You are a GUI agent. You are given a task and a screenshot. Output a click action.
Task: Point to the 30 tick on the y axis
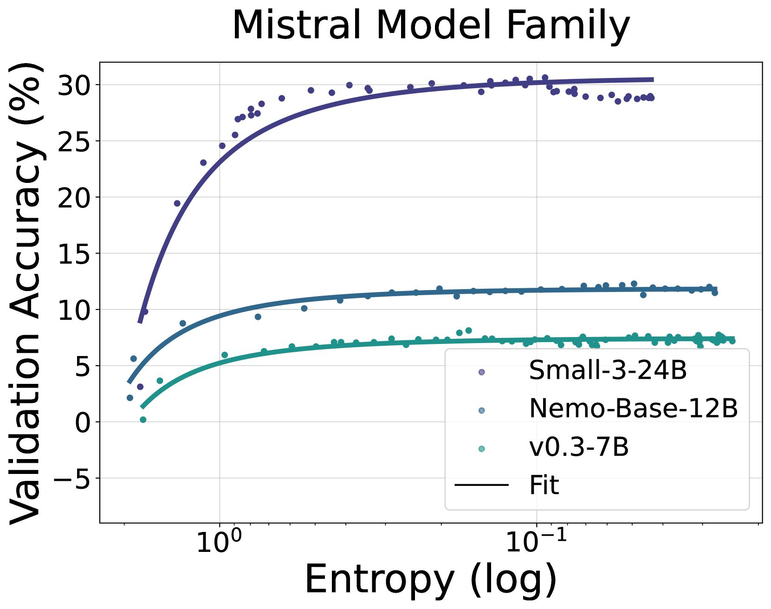(x=73, y=85)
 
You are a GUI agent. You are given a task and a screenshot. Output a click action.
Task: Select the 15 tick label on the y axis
(x=73, y=253)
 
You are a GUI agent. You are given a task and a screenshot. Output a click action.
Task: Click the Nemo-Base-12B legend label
(x=633, y=408)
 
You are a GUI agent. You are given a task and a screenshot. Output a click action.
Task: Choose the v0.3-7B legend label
(x=578, y=447)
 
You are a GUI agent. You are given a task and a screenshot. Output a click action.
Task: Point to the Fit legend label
(x=544, y=485)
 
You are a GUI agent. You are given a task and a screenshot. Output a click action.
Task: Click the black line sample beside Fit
(x=481, y=486)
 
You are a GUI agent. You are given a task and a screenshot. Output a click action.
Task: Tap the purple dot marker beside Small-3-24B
(x=481, y=372)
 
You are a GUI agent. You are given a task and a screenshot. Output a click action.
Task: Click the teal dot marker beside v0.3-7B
(x=481, y=448)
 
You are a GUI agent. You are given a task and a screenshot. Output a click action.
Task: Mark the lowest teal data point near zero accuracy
(x=143, y=420)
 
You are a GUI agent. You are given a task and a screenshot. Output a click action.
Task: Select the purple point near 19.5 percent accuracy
(x=177, y=203)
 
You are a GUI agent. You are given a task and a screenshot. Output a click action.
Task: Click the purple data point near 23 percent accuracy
(x=203, y=162)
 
